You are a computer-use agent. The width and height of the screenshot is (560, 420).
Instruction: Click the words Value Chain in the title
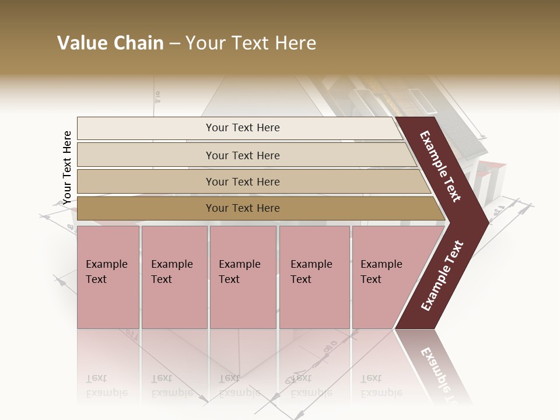pyautogui.click(x=110, y=43)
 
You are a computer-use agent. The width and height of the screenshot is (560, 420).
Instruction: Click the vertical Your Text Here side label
pyautogui.click(x=67, y=167)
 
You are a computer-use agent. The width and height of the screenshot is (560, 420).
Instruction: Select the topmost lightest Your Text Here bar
pyautogui.click(x=239, y=128)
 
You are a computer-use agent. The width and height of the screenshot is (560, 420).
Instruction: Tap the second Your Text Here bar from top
pyautogui.click(x=243, y=155)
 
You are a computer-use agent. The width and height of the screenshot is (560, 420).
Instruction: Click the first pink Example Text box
pyautogui.click(x=108, y=277)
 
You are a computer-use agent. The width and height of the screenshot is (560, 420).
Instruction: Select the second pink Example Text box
pyautogui.click(x=174, y=277)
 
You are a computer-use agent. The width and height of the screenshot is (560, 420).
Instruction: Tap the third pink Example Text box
pyautogui.click(x=243, y=277)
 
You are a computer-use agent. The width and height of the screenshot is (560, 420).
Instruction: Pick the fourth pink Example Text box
pyautogui.click(x=314, y=277)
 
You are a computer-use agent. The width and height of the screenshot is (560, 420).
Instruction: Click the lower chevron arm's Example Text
pyautogui.click(x=442, y=276)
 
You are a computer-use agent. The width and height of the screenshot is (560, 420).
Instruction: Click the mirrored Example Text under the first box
pyautogui.click(x=107, y=386)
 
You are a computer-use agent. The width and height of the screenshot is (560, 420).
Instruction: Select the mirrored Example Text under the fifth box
pyautogui.click(x=381, y=386)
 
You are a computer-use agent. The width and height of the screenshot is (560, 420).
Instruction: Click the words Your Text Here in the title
pyautogui.click(x=251, y=43)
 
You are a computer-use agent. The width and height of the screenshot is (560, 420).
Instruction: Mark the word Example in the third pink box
pyautogui.click(x=239, y=264)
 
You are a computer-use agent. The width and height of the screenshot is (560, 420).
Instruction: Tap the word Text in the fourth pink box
pyautogui.click(x=301, y=279)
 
